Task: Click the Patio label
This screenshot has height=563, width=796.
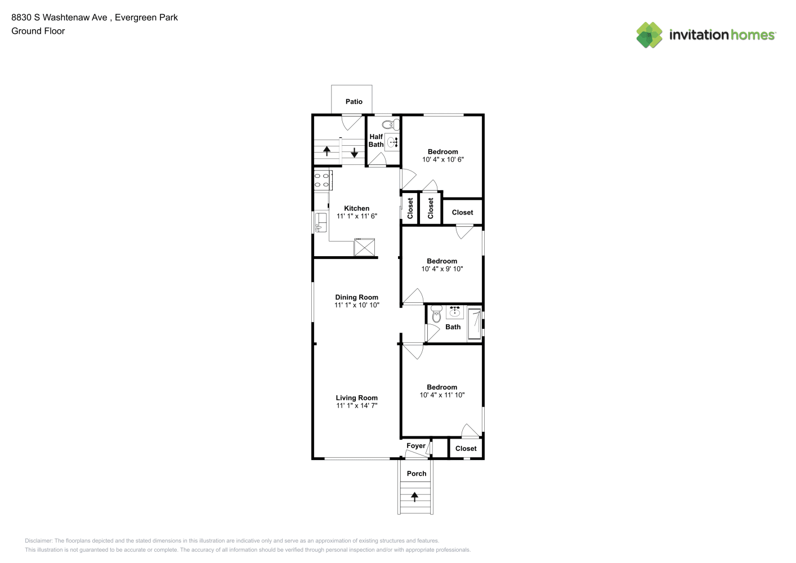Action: [x=354, y=102]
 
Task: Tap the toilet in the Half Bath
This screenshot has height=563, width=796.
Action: [x=391, y=125]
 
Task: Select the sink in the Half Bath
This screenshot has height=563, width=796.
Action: [x=392, y=143]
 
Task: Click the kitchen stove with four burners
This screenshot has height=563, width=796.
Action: [x=323, y=180]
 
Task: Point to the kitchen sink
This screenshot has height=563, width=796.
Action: [x=320, y=222]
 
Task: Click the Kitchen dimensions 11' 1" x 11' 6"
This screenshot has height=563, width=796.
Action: [x=357, y=216]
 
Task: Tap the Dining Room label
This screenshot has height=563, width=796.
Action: [x=357, y=297]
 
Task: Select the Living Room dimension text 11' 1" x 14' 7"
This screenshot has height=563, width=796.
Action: [x=357, y=405]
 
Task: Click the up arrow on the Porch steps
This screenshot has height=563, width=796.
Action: [x=414, y=497]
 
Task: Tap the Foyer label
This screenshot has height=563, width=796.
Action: [x=416, y=446]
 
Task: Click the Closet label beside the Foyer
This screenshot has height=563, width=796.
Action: [x=466, y=449]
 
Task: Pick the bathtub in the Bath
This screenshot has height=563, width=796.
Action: [x=475, y=324]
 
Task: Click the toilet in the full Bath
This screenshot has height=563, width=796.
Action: [x=436, y=314]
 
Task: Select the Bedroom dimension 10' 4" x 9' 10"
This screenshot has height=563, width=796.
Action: [x=442, y=269]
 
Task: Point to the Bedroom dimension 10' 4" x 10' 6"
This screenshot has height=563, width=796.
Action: [x=443, y=159]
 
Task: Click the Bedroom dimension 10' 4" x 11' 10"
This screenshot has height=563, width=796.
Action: [x=442, y=395]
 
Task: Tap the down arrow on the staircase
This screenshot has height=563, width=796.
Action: [x=354, y=153]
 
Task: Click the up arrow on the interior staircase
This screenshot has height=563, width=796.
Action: [x=327, y=151]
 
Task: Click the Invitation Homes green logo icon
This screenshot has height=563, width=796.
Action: [x=649, y=35]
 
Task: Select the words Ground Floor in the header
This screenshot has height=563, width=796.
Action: [x=38, y=31]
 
